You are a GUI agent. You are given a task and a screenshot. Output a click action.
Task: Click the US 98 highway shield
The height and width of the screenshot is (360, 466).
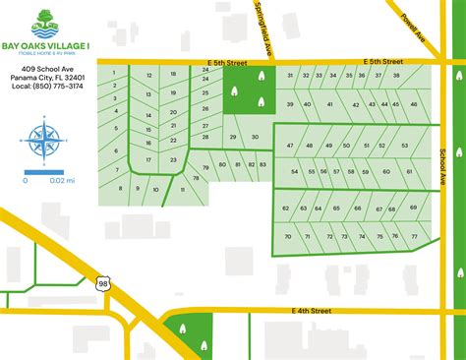(x=104, y=257)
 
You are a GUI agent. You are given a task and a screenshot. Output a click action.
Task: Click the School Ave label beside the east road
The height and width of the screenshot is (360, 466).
(x=444, y=165)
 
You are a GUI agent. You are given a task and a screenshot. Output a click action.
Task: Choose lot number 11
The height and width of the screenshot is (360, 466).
(x=183, y=189)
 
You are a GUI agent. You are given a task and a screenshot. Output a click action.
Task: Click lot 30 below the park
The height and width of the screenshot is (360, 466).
(x=255, y=137)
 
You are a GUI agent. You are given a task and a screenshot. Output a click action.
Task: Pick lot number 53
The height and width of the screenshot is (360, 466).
(x=404, y=146)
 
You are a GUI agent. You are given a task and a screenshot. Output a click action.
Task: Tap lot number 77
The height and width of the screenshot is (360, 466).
(x=414, y=237)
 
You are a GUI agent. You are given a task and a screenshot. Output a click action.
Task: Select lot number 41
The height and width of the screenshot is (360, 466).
(x=330, y=104)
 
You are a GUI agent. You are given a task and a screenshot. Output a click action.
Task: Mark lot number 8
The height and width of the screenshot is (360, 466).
(x=122, y=186)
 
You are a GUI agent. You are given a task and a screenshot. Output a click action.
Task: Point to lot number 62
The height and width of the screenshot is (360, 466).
(x=286, y=209)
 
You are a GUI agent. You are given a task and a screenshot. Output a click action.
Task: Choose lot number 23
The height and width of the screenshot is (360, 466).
(x=173, y=158)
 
